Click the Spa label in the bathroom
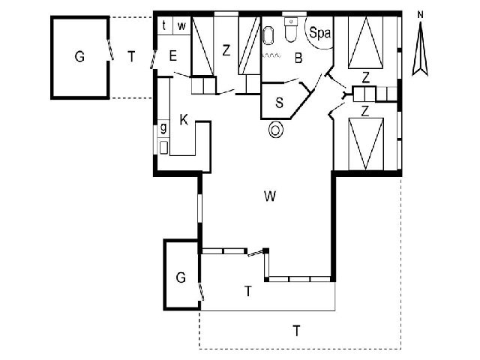point(320,33)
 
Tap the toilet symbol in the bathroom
point(291,29)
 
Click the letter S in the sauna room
point(279,103)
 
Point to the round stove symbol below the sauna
point(276,130)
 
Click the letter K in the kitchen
point(184,120)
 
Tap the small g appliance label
point(163,127)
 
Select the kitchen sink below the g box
point(163,148)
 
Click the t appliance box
point(165,25)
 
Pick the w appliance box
point(182,25)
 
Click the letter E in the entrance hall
point(173,56)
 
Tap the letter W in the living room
point(270,196)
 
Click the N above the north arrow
point(421,15)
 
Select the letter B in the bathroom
point(298,58)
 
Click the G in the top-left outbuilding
point(79,57)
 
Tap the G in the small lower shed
point(181,277)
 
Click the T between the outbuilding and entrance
point(132,56)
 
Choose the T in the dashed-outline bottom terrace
point(297,331)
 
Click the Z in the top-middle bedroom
point(226,50)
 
